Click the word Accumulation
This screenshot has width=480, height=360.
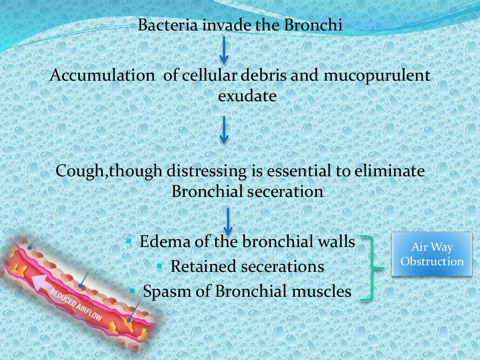[101, 75]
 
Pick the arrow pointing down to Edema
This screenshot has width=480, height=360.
[228, 221]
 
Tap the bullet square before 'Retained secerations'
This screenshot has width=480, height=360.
[160, 266]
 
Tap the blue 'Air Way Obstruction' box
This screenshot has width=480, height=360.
[432, 255]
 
